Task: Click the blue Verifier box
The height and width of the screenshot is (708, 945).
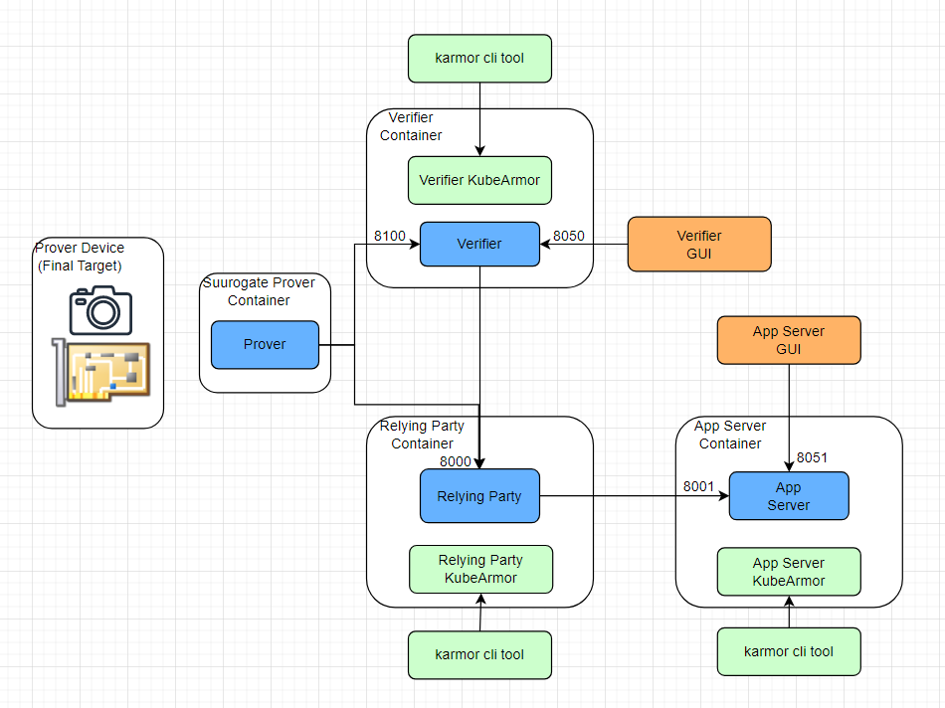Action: pyautogui.click(x=479, y=244)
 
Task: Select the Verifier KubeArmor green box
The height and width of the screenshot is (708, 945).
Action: pyautogui.click(x=479, y=180)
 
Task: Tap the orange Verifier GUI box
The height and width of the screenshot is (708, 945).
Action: pyautogui.click(x=698, y=244)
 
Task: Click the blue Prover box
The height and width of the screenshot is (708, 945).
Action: pyautogui.click(x=265, y=345)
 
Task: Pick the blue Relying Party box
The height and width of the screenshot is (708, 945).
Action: pyautogui.click(x=479, y=496)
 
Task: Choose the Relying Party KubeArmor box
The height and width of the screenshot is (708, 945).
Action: pyautogui.click(x=480, y=569)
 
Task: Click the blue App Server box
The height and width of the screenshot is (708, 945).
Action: pyautogui.click(x=788, y=496)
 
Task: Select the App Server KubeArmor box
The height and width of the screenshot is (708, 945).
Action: pyautogui.click(x=788, y=572)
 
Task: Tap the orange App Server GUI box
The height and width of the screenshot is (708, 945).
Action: pyautogui.click(x=788, y=340)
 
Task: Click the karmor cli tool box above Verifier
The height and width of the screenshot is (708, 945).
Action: pyautogui.click(x=479, y=58)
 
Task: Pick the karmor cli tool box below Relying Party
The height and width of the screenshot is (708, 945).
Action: pyautogui.click(x=479, y=655)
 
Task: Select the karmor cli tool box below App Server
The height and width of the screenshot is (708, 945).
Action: pyautogui.click(x=788, y=652)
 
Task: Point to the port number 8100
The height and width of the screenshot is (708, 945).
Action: pyautogui.click(x=389, y=236)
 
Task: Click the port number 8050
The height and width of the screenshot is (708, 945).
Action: pyautogui.click(x=569, y=236)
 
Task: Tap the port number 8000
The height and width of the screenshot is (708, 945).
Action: pyautogui.click(x=456, y=461)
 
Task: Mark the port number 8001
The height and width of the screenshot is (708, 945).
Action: pyautogui.click(x=698, y=486)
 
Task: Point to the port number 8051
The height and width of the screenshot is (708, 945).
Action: pyautogui.click(x=812, y=457)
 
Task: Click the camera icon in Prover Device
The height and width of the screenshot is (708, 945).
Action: pyautogui.click(x=100, y=309)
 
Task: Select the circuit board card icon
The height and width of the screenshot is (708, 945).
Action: pyautogui.click(x=100, y=372)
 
